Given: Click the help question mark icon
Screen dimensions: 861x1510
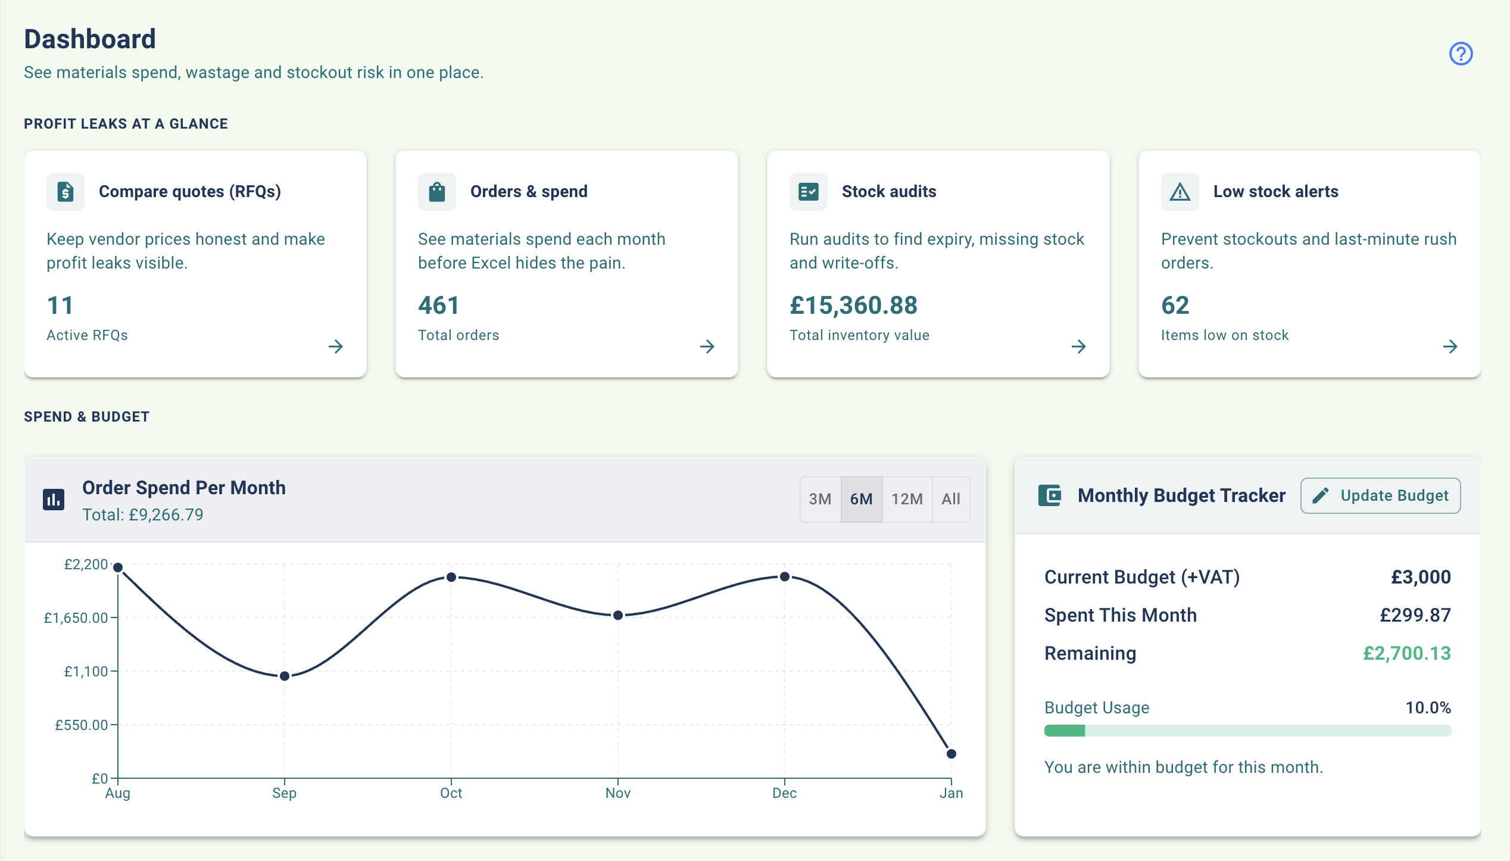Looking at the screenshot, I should pyautogui.click(x=1461, y=54).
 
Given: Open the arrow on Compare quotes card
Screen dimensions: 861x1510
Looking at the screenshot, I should pyautogui.click(x=336, y=347).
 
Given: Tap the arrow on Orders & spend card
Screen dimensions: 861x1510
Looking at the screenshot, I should pyautogui.click(x=707, y=347).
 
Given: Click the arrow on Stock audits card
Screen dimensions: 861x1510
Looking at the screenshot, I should pyautogui.click(x=1078, y=347).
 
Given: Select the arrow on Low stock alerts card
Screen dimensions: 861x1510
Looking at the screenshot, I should pyautogui.click(x=1450, y=347).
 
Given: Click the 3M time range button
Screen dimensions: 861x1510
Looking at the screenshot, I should pyautogui.click(x=820, y=499).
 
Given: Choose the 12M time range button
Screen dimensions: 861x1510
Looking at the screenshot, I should pyautogui.click(x=907, y=499).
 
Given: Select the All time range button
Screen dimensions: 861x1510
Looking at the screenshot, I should pyautogui.click(x=951, y=499).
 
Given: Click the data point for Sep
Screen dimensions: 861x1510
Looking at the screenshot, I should pyautogui.click(x=285, y=676).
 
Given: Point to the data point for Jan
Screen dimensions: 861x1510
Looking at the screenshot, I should pyautogui.click(x=951, y=754).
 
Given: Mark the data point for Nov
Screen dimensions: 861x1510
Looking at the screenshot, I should pyautogui.click(x=618, y=615).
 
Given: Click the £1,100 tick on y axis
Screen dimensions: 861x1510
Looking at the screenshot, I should pyautogui.click(x=86, y=672).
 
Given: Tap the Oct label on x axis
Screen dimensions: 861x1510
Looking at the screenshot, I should pyautogui.click(x=451, y=793).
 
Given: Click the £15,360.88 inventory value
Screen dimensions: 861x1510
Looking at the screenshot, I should pyautogui.click(x=853, y=305).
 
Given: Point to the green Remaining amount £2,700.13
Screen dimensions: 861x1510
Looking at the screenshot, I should pyautogui.click(x=1406, y=653).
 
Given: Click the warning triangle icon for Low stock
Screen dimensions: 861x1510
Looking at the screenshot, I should pyautogui.click(x=1180, y=192).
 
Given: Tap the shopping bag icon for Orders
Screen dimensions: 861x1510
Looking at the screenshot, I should pyautogui.click(x=437, y=192).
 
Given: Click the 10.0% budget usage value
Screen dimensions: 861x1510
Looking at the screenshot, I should pyautogui.click(x=1428, y=707).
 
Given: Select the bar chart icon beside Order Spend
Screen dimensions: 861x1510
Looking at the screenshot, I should pyautogui.click(x=54, y=499).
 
